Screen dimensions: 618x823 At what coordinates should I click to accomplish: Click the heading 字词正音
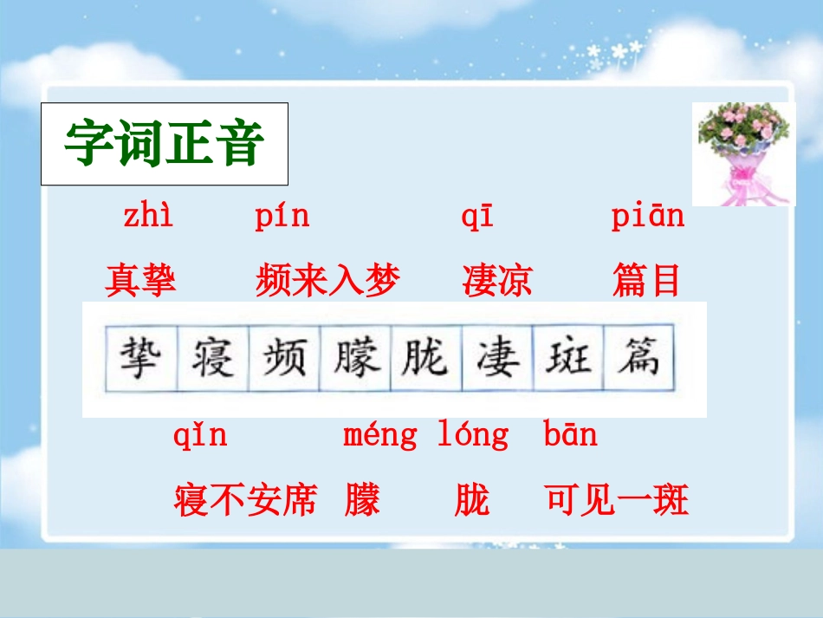pos(164,144)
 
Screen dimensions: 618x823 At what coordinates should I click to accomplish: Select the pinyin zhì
pos(148,217)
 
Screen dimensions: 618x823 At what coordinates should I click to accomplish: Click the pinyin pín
pos(282,217)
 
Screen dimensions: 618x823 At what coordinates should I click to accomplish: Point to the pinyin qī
pos(477,218)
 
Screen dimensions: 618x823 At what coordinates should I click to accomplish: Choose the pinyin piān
pos(647,217)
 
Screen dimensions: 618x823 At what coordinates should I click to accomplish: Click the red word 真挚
pos(140,281)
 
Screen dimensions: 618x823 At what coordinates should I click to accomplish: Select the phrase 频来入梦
pos(328,281)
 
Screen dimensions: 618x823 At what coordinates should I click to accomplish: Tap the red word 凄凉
pos(497,281)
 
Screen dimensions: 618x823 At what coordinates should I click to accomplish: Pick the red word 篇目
pos(646,281)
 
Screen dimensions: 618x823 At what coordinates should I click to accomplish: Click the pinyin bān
pos(570,434)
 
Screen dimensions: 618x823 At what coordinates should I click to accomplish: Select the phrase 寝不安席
pos(246,500)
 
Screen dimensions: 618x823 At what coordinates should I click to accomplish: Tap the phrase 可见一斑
pos(617,500)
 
